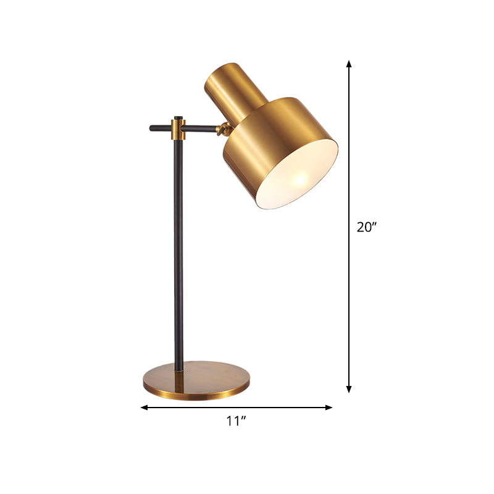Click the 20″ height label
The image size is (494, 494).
pyautogui.click(x=366, y=227)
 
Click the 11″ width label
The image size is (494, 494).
pyautogui.click(x=236, y=422)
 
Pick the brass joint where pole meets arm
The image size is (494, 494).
pyautogui.click(x=178, y=129)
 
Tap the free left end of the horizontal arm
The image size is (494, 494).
pyautogui.click(x=153, y=128)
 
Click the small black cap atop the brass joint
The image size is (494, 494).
pyautogui.click(x=178, y=117)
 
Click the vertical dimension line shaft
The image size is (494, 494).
pyautogui.click(x=349, y=154)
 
